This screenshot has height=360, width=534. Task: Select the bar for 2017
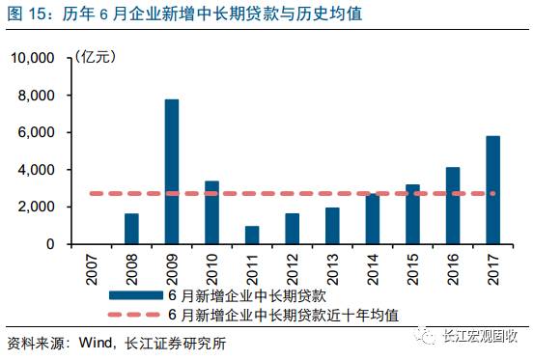tap(492, 190)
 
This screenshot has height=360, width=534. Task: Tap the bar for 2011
tap(252, 235)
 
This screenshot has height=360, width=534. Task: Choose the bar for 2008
tap(131, 229)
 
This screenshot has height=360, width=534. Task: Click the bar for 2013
tap(332, 226)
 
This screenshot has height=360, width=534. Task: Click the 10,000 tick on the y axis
tap(34, 59)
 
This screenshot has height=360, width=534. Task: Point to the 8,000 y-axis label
tap(38, 96)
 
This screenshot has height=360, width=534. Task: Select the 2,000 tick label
tap(38, 208)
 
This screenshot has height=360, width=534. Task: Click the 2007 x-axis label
tap(92, 265)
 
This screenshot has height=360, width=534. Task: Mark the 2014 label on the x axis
tap(373, 265)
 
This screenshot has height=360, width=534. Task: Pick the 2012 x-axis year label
tap(293, 265)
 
